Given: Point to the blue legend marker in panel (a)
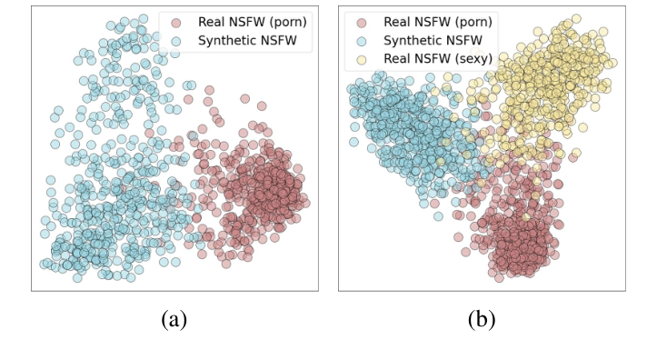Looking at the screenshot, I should click(176, 41).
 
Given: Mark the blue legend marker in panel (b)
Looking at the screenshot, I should click(362, 41).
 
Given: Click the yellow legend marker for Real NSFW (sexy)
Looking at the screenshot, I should click(362, 60).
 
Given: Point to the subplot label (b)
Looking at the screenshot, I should click(482, 320).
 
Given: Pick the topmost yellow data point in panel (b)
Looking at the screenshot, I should click(576, 19).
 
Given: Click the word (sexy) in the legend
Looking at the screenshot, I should click(472, 59).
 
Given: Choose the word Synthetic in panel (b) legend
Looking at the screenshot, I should click(412, 41).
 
